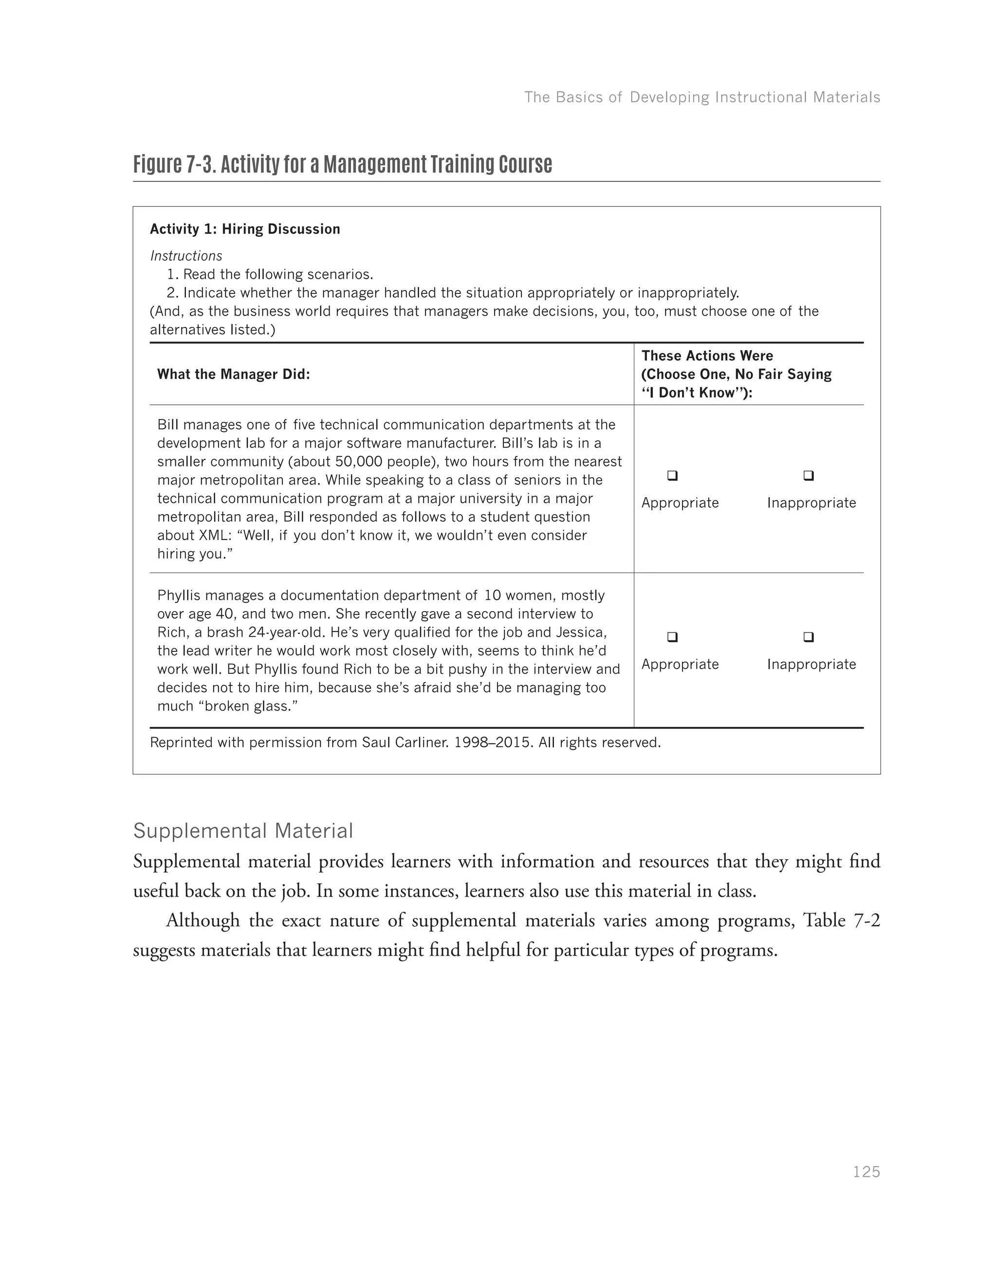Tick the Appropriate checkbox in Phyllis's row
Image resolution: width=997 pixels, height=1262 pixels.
[672, 637]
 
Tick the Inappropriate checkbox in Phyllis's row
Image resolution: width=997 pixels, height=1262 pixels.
[809, 637]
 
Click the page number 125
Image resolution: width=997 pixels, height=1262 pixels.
[866, 1172]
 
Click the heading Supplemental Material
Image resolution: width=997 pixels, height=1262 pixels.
[243, 831]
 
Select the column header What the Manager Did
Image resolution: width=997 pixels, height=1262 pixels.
[234, 375]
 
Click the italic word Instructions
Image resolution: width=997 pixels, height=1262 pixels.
[186, 256]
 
